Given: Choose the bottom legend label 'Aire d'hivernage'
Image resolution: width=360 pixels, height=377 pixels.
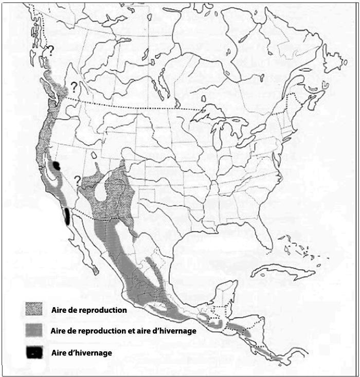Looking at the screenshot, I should pyautogui.click(x=82, y=353).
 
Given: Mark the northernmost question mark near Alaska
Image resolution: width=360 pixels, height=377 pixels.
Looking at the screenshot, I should pyautogui.click(x=50, y=50).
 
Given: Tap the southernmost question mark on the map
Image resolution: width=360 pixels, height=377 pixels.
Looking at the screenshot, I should pyautogui.click(x=78, y=180).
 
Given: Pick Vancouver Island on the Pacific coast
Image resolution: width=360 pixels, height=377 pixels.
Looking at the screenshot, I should pyautogui.click(x=44, y=89).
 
